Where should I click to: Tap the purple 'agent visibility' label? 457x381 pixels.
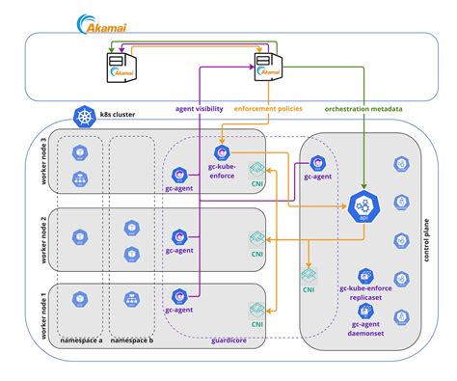pos(203,108)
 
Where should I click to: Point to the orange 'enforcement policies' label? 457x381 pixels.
pos(269,108)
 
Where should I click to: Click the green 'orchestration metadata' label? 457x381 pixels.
pos(363,108)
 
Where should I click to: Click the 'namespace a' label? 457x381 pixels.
pos(81,340)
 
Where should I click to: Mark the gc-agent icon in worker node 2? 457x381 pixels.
pos(179,235)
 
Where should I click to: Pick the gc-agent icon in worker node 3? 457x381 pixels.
pos(179,175)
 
